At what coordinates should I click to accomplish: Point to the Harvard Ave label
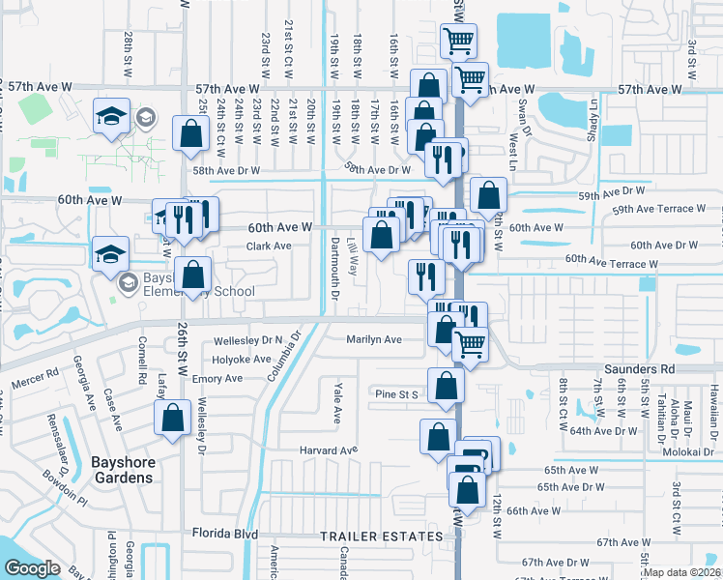pyautogui.click(x=329, y=449)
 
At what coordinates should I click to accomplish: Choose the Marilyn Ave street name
pyautogui.click(x=374, y=339)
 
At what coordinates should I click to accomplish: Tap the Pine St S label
pyautogui.click(x=396, y=394)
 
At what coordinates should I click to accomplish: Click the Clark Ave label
pyautogui.click(x=269, y=246)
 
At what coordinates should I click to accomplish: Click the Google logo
pyautogui.click(x=32, y=568)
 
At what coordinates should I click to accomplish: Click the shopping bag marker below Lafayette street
pyautogui.click(x=172, y=419)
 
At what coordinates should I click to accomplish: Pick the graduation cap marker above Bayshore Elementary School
pyautogui.click(x=111, y=254)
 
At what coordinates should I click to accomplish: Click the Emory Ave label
pyautogui.click(x=217, y=378)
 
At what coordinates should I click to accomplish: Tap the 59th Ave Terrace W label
pyautogui.click(x=661, y=208)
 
